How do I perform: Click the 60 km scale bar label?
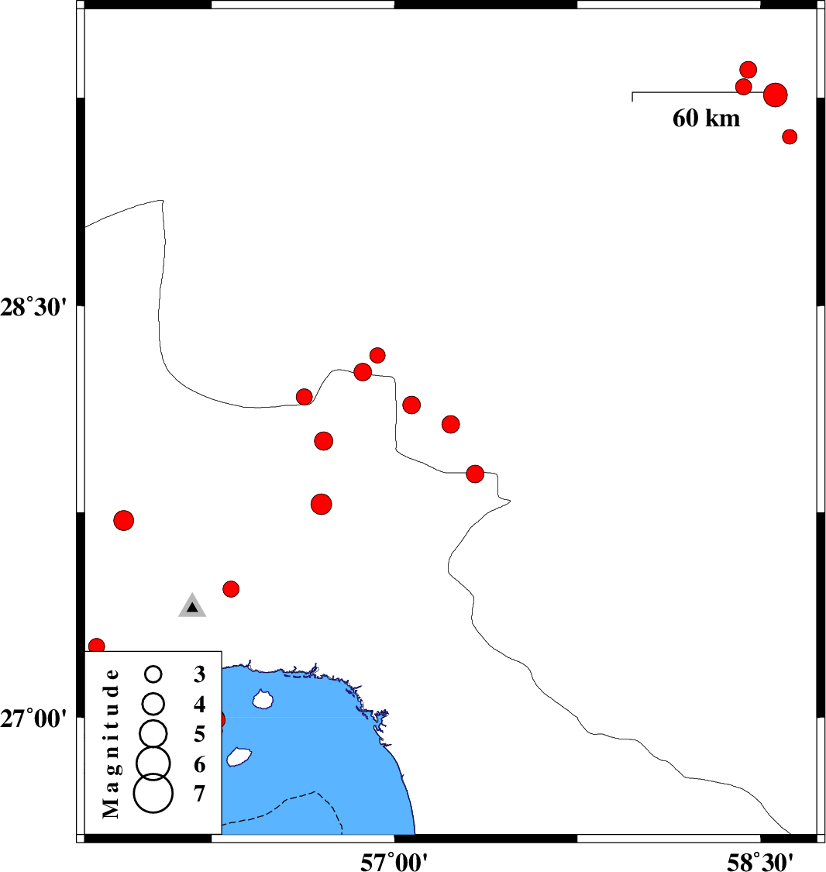click(x=706, y=119)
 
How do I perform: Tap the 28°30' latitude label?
click(x=33, y=307)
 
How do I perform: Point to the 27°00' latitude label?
click(x=33, y=719)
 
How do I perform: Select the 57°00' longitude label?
click(x=394, y=862)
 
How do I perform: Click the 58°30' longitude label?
click(x=760, y=862)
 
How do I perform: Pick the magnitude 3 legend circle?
click(x=153, y=674)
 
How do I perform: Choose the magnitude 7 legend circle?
click(x=153, y=793)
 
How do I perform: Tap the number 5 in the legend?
click(x=200, y=735)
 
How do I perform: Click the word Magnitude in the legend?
click(x=111, y=743)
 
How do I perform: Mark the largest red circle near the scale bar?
click(x=776, y=95)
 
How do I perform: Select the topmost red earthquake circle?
click(x=749, y=70)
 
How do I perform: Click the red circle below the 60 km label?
click(x=790, y=136)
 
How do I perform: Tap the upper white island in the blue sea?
click(x=263, y=699)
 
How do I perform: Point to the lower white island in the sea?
click(x=239, y=757)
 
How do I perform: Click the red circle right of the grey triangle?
click(x=231, y=589)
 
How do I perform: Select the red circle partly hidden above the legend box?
click(x=98, y=646)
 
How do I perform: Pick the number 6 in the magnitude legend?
click(x=200, y=765)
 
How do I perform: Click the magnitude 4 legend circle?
click(x=153, y=704)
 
